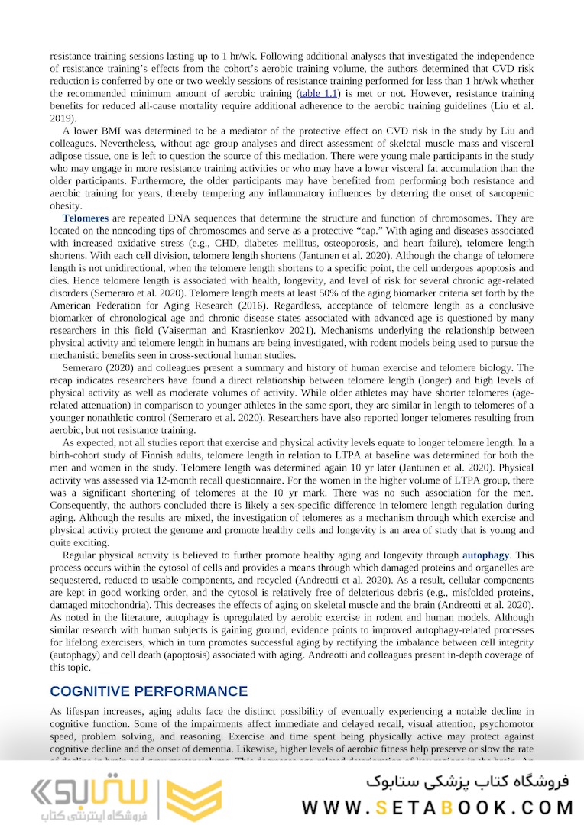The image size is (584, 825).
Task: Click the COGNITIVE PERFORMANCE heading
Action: (148, 691)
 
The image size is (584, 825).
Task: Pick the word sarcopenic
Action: (510, 193)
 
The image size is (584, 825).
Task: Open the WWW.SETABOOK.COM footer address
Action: (437, 807)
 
